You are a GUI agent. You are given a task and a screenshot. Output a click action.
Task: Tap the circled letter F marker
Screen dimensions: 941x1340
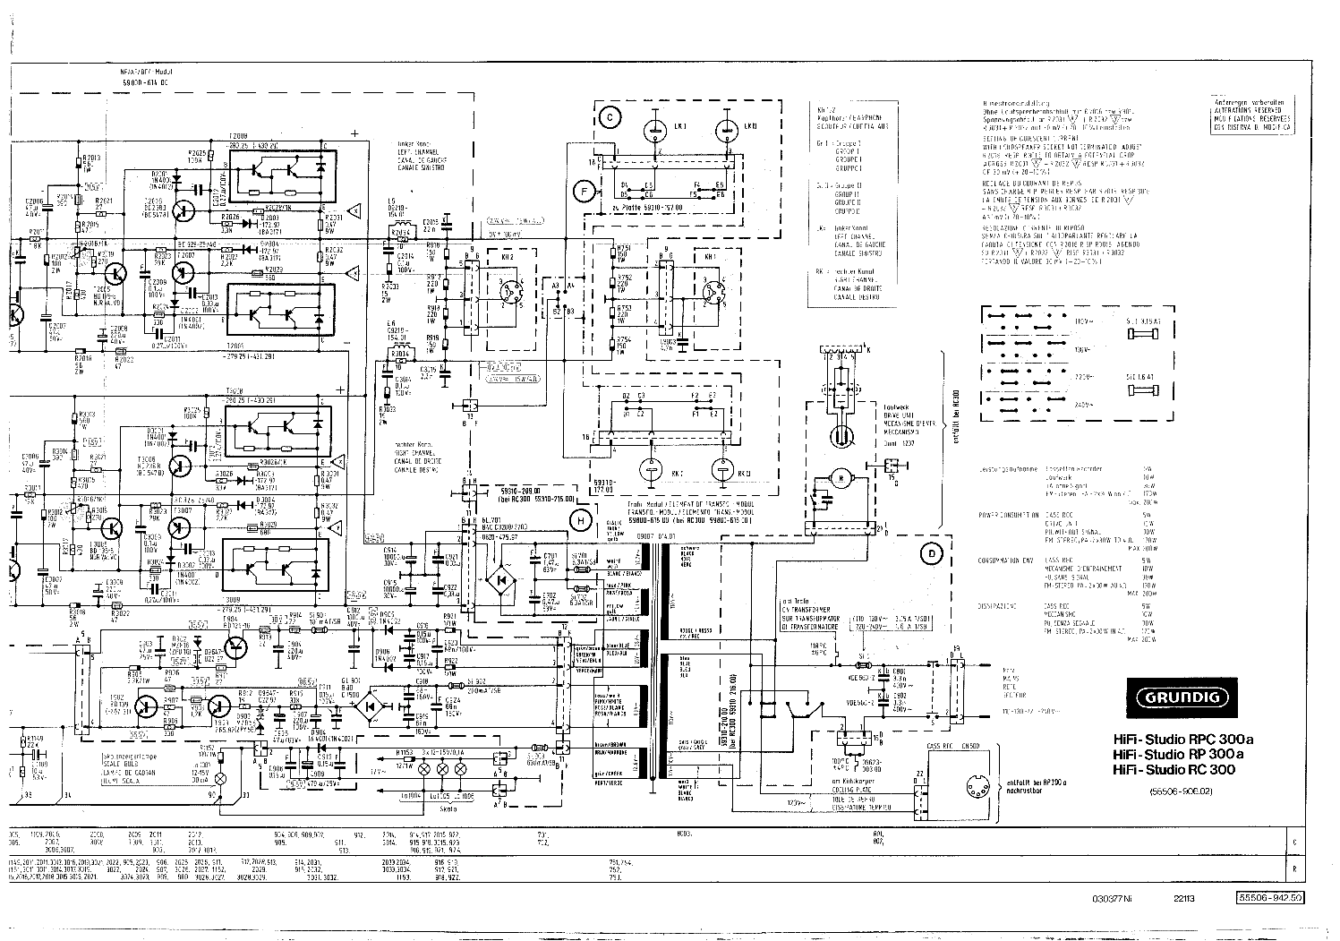point(584,190)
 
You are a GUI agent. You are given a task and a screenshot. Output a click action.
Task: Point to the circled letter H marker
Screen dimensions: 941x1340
point(581,520)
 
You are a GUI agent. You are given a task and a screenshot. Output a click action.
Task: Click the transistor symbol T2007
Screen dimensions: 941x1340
point(184,274)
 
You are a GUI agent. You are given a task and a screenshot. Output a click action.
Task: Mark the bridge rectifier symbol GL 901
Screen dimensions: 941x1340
point(369,706)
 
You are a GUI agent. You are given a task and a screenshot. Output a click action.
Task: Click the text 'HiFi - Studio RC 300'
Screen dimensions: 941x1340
point(1173,770)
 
